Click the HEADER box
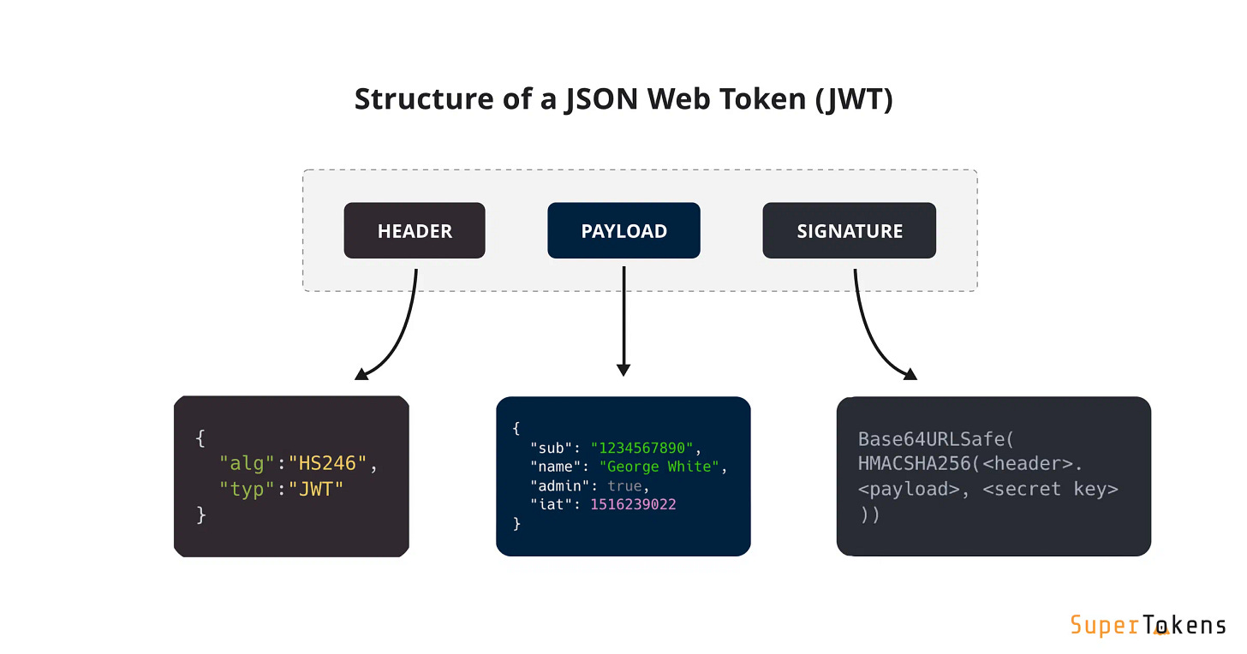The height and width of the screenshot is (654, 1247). [415, 231]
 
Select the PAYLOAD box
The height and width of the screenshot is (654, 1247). [623, 231]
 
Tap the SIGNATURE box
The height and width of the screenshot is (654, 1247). [849, 231]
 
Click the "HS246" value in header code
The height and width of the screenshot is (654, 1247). [327, 464]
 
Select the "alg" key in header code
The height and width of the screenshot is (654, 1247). [247, 464]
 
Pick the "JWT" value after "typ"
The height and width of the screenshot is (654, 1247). [315, 490]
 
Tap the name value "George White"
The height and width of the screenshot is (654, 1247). [659, 467]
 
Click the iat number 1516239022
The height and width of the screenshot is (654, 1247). [633, 504]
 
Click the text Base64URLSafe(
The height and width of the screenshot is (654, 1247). [936, 439]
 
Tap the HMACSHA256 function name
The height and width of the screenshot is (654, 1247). [910, 464]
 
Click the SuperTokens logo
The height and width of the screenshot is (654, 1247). [1148, 626]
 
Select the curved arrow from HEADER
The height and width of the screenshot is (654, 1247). [403, 334]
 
